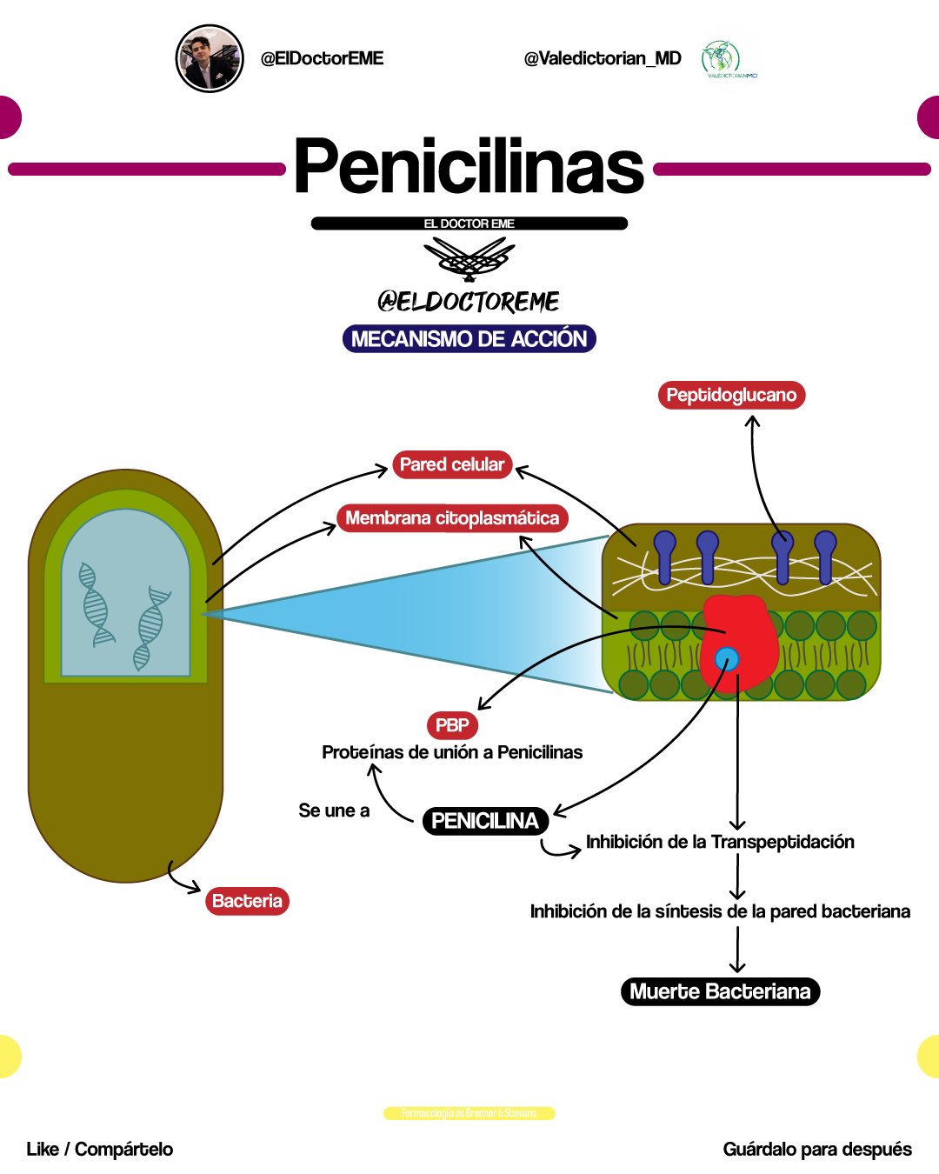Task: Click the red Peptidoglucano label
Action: (731, 395)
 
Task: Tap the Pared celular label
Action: (451, 464)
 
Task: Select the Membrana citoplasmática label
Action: (452, 518)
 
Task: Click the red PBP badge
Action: (452, 725)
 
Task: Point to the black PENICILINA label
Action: (484, 821)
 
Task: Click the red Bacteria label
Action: (247, 901)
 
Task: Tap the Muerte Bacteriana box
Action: (720, 991)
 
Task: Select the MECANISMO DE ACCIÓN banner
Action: (469, 338)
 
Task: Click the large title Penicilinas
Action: (469, 166)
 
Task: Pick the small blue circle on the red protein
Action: (727, 659)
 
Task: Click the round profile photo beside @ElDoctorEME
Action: (209, 58)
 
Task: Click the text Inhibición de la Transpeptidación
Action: (720, 842)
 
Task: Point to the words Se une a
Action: (334, 810)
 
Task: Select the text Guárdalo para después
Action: (817, 1150)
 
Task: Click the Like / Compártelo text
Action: (100, 1150)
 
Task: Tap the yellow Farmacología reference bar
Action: (469, 1113)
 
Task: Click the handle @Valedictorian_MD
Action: (603, 58)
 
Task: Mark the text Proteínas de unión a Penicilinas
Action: (452, 752)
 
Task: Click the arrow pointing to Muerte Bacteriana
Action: (737, 950)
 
